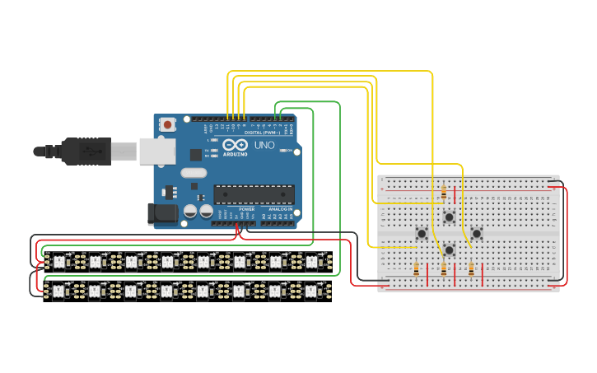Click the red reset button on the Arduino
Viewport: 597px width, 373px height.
[168, 125]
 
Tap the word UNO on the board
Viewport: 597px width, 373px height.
[264, 145]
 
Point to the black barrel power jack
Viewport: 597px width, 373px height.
[162, 215]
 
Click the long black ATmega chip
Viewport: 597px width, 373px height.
[254, 193]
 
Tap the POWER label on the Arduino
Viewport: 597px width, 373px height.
[246, 209]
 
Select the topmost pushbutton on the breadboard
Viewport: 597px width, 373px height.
[449, 217]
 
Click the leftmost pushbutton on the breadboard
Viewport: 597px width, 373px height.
[422, 234]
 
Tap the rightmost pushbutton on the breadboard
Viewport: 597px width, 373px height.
[476, 234]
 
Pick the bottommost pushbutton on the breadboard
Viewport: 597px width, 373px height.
[449, 250]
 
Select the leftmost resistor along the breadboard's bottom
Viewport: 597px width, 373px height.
[417, 268]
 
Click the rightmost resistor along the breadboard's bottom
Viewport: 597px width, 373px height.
[471, 268]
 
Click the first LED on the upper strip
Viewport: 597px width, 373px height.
[58, 262]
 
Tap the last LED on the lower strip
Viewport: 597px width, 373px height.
[311, 291]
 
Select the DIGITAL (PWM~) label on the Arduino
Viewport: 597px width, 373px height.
[261, 133]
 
